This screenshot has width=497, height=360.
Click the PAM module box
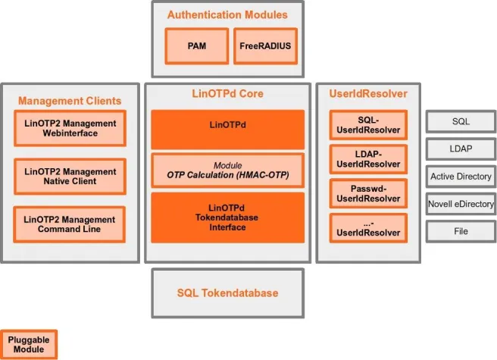196,45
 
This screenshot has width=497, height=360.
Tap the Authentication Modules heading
227,14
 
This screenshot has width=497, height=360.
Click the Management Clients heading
70,100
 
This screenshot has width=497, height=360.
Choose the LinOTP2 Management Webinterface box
70,128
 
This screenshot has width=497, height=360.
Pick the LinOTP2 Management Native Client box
70,177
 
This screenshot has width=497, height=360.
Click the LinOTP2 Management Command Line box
70,224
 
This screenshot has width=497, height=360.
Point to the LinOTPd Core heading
227,94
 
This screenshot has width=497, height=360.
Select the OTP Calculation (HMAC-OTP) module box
227,171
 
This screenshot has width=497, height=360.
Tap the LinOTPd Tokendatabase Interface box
227,218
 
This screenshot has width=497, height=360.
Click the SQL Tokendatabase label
227,293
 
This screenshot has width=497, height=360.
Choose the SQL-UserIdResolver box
368,125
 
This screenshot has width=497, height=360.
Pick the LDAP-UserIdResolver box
368,159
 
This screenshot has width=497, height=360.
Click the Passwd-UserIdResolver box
368,193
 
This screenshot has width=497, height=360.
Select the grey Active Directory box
461,177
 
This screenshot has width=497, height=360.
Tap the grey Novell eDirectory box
461,204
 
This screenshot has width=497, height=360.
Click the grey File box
461,231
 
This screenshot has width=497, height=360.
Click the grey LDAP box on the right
461,149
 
